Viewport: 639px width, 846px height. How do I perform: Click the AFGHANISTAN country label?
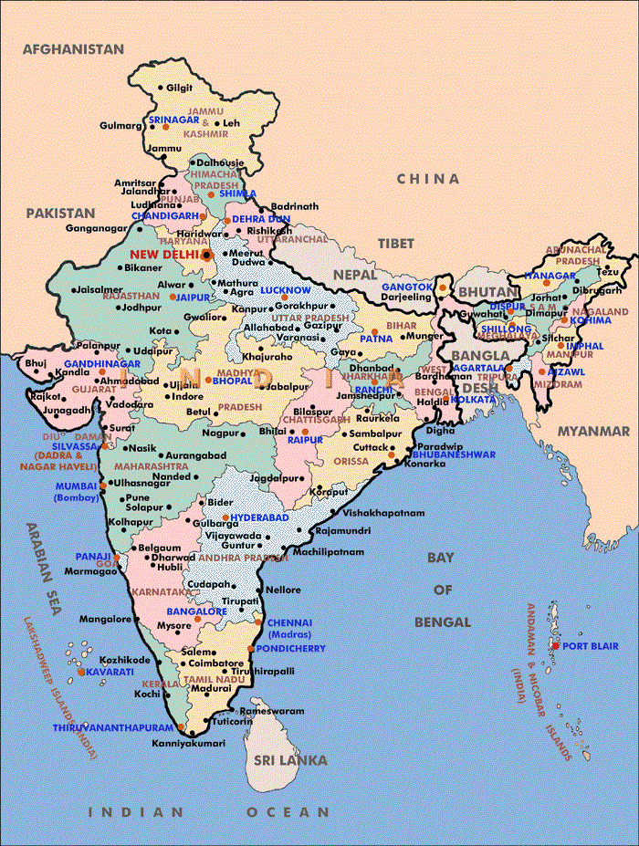tap(73, 47)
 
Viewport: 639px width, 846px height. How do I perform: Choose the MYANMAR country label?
tap(588, 431)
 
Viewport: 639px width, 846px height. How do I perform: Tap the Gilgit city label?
tap(180, 88)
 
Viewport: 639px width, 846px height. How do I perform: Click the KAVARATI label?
tap(111, 672)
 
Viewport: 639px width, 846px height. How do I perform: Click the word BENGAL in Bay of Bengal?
tap(442, 622)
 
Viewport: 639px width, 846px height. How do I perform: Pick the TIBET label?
tap(394, 244)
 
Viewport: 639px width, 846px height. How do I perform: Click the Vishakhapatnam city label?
tap(386, 513)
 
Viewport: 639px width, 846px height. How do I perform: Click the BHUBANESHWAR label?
tap(454, 454)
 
